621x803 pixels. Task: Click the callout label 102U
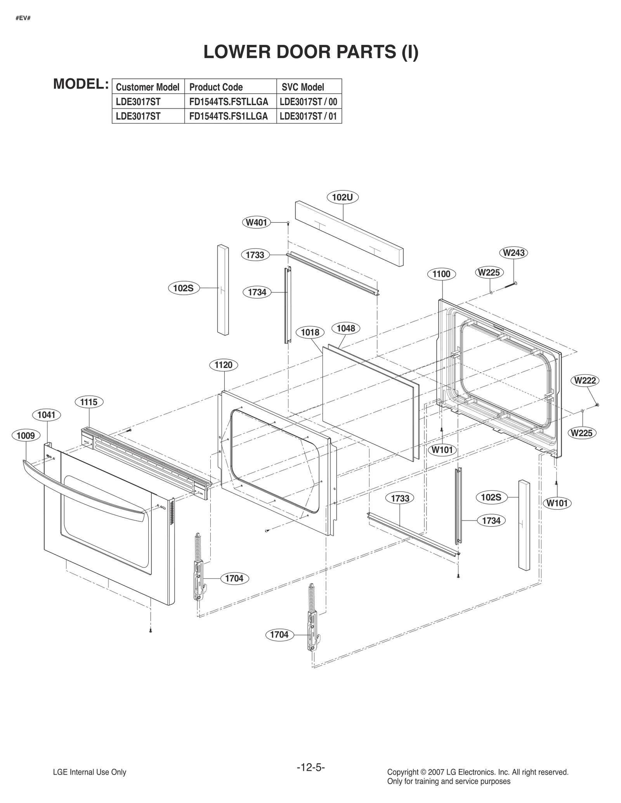point(342,197)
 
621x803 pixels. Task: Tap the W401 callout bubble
point(257,223)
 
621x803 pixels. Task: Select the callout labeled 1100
point(441,274)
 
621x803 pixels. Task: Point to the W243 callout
point(513,253)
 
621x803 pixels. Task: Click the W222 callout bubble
point(585,380)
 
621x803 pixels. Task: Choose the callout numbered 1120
point(223,365)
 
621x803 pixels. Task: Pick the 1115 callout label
point(89,402)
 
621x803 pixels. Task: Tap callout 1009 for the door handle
point(26,435)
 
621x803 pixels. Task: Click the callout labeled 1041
point(47,415)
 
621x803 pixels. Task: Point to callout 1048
point(346,328)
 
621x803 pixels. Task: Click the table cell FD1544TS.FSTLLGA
point(229,102)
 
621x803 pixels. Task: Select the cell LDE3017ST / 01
point(308,116)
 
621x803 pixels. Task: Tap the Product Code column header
point(216,87)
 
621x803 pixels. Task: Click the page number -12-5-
point(310,767)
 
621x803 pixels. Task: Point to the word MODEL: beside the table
point(81,84)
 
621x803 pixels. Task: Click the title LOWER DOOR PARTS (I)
point(311,52)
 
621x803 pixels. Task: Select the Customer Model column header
point(147,87)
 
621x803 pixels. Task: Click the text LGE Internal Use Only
point(89,772)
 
